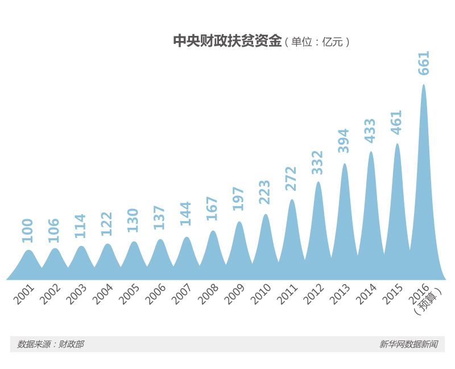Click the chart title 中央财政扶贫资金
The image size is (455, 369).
point(227,42)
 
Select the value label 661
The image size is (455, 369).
point(424,63)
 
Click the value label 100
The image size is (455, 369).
point(28,231)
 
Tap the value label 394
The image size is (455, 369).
point(344,141)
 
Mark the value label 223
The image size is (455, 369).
point(266,192)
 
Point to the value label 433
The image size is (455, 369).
point(371,130)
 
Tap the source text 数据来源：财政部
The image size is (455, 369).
point(51,344)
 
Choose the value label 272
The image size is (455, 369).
point(292,178)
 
